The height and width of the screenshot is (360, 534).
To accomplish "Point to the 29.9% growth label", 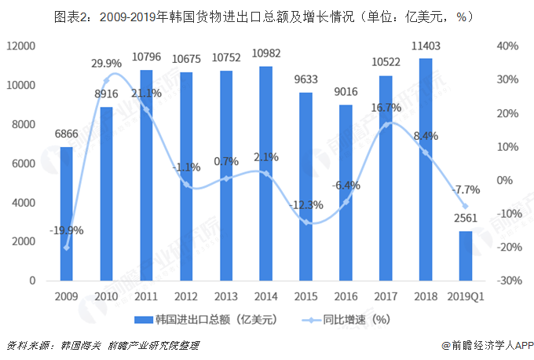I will tap(106, 64).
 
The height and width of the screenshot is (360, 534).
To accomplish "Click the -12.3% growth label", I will tap(305, 205).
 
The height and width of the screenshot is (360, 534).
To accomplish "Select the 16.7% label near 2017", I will tap(385, 108).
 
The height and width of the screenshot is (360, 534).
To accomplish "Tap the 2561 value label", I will tap(465, 218).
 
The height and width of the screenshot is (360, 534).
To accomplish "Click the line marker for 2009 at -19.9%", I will tap(66, 248).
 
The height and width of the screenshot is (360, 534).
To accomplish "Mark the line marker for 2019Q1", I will tap(465, 206).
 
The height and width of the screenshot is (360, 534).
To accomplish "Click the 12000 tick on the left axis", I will tap(21, 46).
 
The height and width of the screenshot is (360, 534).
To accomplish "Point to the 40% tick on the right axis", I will tap(509, 46).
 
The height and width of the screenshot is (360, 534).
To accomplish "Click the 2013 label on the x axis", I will tap(225, 296).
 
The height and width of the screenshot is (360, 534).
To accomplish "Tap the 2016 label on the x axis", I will tap(346, 296).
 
